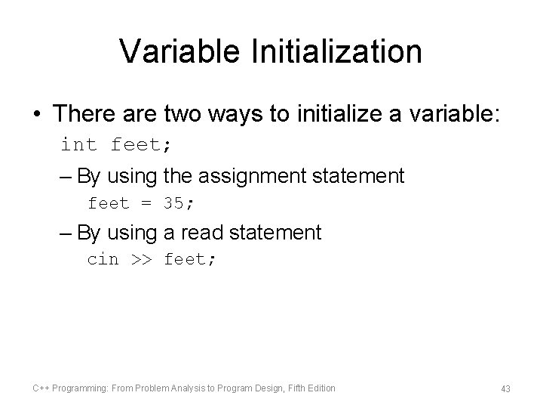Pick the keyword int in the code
pos(79,144)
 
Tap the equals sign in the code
pos(146,203)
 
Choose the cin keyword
pos(103,259)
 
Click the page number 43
pos(505,388)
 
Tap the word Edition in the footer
pos(321,388)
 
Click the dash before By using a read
pos(66,233)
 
